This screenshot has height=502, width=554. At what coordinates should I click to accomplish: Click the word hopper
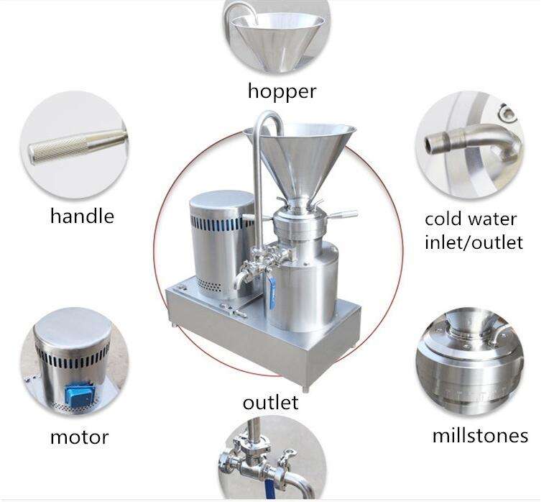coord(282,91)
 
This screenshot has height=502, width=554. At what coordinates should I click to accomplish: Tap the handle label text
coord(83,216)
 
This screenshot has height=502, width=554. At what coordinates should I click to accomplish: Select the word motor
coord(80,437)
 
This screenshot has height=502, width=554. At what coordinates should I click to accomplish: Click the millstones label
coord(480,435)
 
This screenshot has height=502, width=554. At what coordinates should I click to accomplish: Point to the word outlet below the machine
coord(271,402)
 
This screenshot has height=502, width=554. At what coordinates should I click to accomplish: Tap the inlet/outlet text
coord(474,242)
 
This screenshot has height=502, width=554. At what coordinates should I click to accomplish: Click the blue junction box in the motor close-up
coord(80,396)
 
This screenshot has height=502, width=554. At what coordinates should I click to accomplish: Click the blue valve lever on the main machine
coord(272,293)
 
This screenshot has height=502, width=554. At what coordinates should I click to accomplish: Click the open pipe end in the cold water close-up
coord(430,144)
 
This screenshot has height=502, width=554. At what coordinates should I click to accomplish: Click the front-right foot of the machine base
coord(305,388)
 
